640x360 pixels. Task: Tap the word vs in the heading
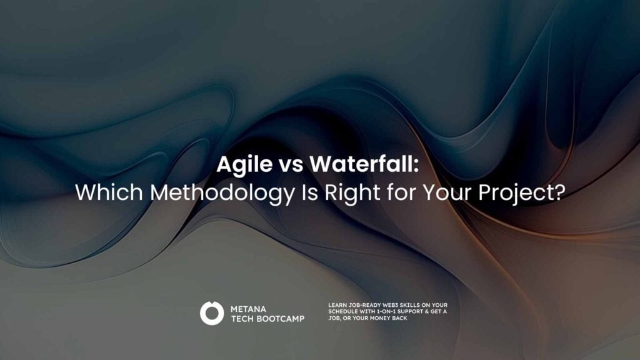[x=287, y=166]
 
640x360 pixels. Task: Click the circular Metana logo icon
[x=212, y=313]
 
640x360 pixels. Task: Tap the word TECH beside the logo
[x=243, y=318]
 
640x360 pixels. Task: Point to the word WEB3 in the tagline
[x=394, y=305]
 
